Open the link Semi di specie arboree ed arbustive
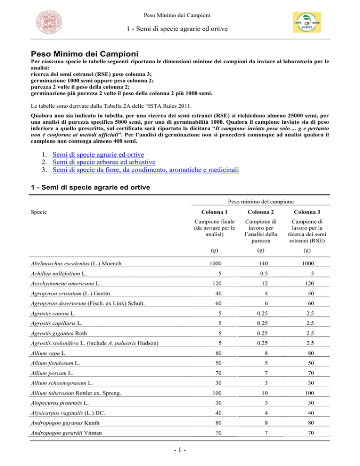coord(105,149)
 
